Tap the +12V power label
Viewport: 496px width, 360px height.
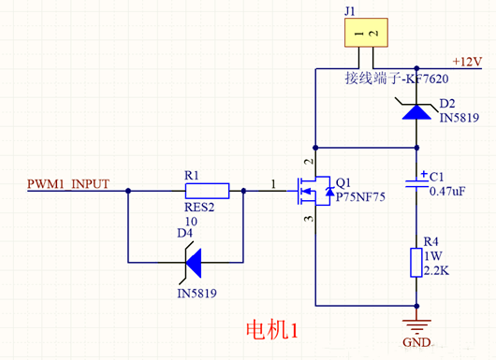(x=466, y=61)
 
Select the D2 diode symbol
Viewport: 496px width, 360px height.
(x=415, y=110)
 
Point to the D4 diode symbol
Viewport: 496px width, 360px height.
(x=194, y=262)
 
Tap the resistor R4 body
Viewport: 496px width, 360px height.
(x=415, y=262)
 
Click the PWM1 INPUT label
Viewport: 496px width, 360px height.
(x=68, y=182)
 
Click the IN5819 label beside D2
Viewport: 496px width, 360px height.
(x=458, y=119)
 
